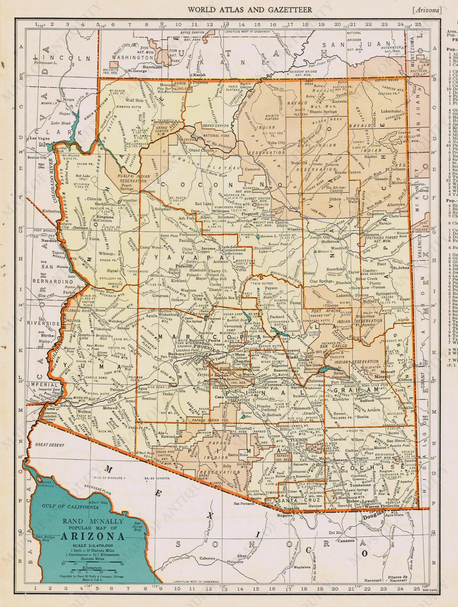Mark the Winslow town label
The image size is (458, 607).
295,229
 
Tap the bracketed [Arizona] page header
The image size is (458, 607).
427,10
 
